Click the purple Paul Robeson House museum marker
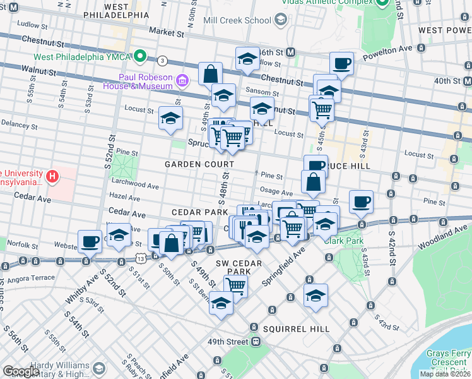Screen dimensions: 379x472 (182, 80)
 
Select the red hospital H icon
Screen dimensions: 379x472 (53, 176)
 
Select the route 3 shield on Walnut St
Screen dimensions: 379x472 (163, 61)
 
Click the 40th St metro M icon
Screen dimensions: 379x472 (467, 81)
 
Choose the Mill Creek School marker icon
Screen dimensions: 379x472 (281, 20)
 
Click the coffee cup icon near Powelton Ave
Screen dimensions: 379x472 (341, 63)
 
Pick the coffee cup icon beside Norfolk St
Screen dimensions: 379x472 (90, 241)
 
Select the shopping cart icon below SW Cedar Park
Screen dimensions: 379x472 (235, 285)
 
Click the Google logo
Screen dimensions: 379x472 (21, 371)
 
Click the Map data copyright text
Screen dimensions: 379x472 (445, 374)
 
